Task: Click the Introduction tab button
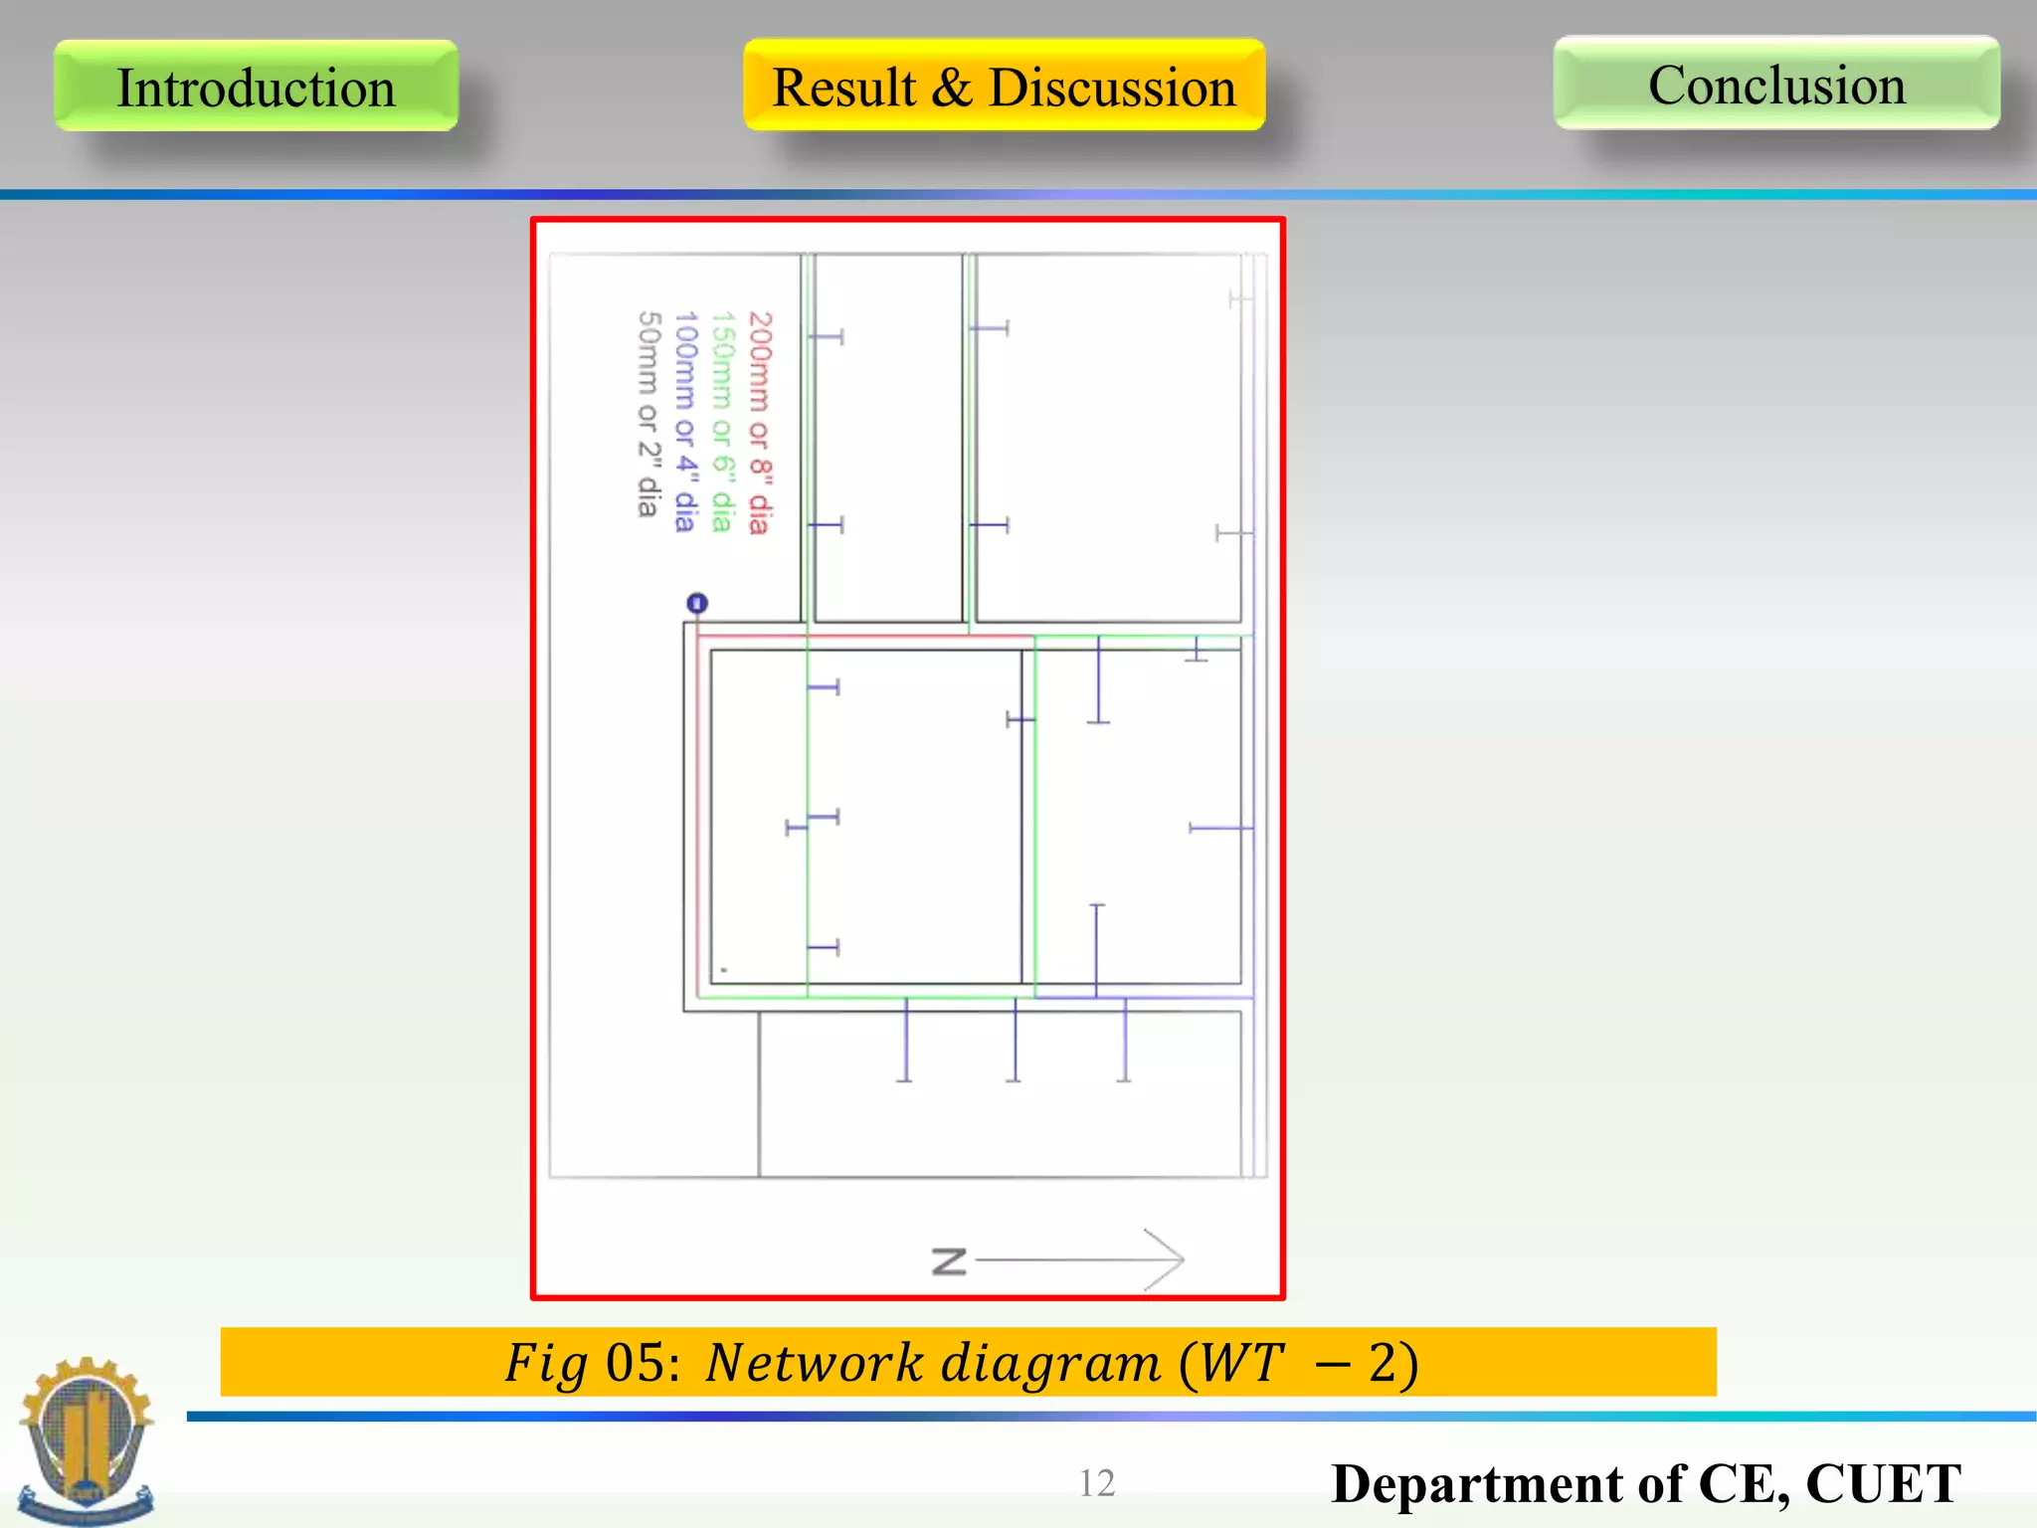[x=256, y=87]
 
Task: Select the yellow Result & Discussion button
[x=1004, y=86]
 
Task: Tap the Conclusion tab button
[x=1776, y=84]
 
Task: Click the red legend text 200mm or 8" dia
[x=759, y=422]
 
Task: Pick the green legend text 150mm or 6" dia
[x=722, y=422]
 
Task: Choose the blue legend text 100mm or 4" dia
[x=685, y=422]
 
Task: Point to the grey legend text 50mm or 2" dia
[x=648, y=414]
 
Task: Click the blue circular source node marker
[x=697, y=603]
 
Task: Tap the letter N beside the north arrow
[x=949, y=1261]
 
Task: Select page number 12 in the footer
[x=1096, y=1483]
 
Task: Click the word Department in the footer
[x=1478, y=1484]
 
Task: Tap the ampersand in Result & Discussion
[x=952, y=87]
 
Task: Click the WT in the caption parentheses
[x=1239, y=1363]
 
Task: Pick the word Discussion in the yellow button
[x=1112, y=87]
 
